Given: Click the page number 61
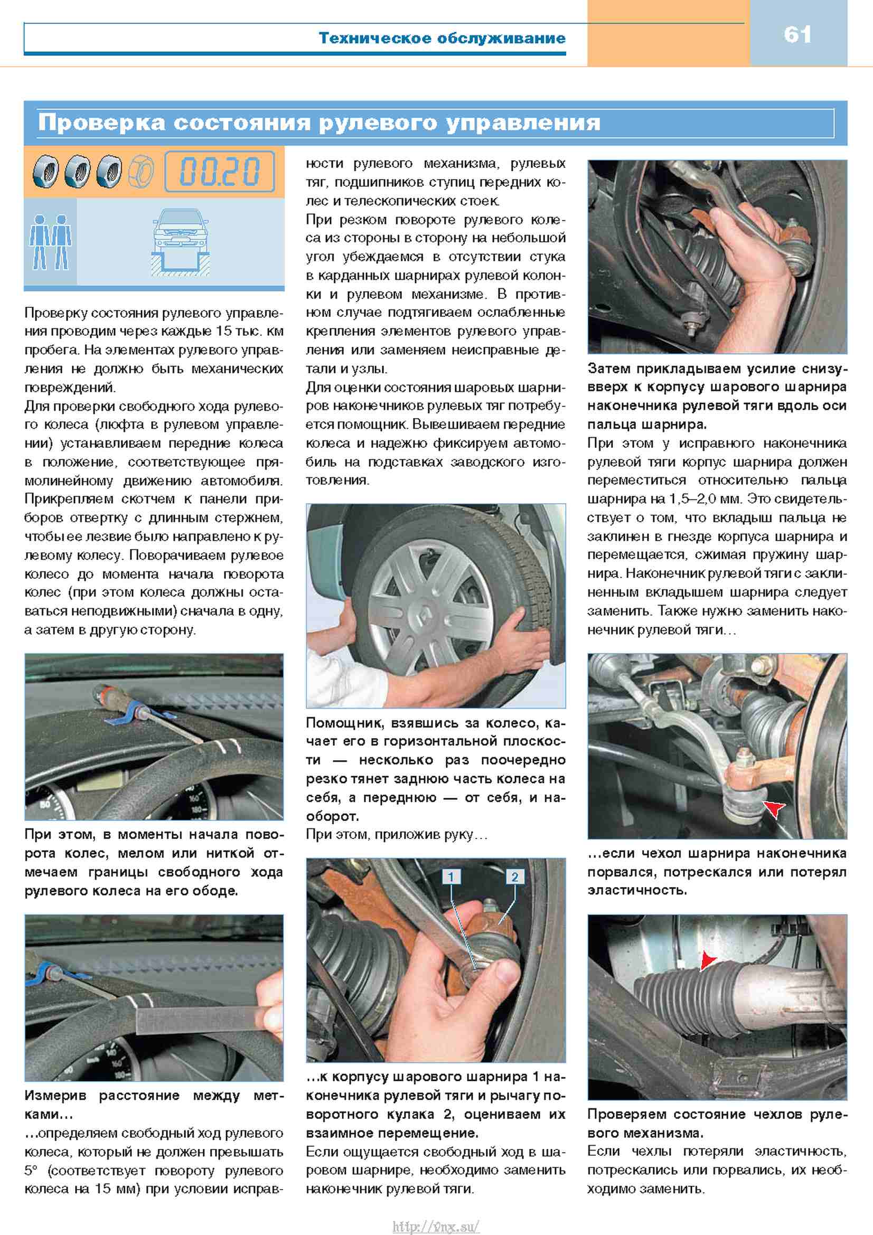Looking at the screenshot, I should tap(797, 35).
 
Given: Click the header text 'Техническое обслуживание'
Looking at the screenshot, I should tap(442, 38).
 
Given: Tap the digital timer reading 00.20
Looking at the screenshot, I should tap(220, 172).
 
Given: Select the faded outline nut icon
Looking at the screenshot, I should tap(141, 171).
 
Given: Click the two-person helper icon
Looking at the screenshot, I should tap(50, 241).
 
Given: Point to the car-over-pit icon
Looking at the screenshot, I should tap(180, 241).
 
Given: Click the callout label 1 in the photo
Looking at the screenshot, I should tap(450, 877).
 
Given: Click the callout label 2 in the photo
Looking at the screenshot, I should tap(515, 877).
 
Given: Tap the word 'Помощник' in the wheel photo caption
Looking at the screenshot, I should tap(344, 723).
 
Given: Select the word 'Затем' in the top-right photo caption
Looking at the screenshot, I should tap(609, 369).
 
